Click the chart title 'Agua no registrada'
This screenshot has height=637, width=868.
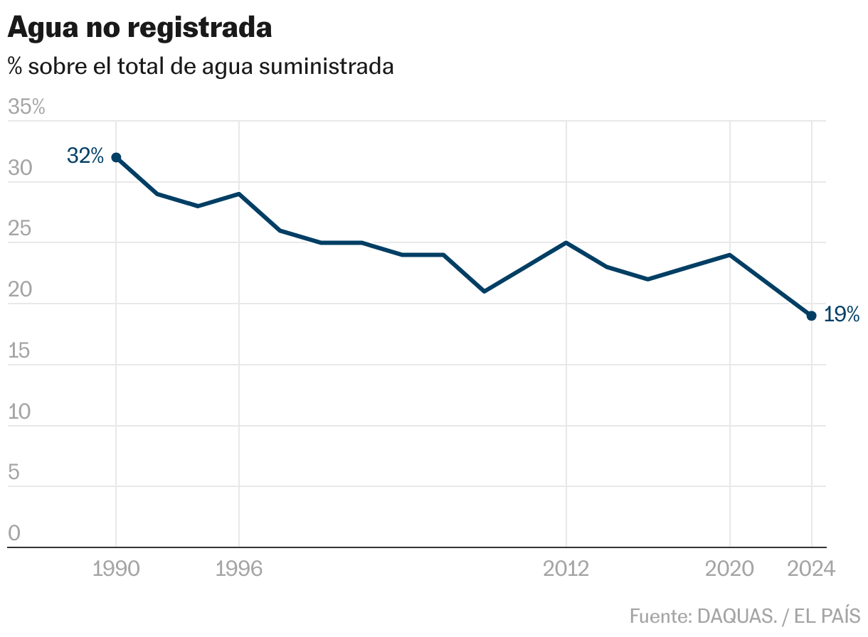(x=139, y=28)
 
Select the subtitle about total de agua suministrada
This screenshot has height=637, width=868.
(x=201, y=66)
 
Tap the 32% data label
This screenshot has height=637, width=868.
(x=85, y=156)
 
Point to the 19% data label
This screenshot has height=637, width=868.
(x=842, y=314)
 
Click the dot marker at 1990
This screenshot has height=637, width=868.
(x=116, y=157)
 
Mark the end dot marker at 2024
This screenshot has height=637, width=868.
(x=811, y=316)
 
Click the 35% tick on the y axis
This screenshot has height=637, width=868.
(x=26, y=107)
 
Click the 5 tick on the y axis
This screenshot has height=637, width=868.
(x=14, y=473)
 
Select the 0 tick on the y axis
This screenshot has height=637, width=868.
(x=14, y=533)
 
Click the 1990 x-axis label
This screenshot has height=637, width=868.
(x=116, y=569)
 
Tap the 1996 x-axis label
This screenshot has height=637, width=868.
(x=239, y=569)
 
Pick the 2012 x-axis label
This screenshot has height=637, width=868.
(x=566, y=569)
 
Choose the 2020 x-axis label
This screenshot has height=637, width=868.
(x=729, y=569)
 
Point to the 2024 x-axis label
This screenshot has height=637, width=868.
(x=810, y=569)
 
